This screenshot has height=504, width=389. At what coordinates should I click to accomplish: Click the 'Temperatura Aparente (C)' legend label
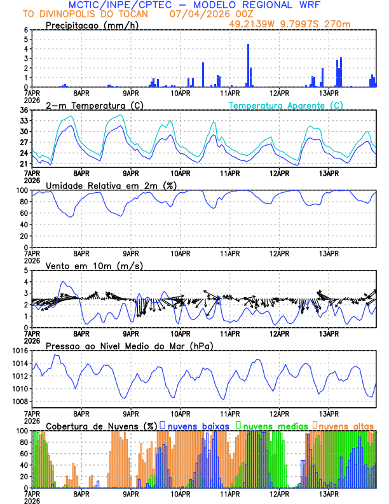tap(285, 105)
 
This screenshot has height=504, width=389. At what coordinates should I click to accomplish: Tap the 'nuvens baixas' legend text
tap(196, 425)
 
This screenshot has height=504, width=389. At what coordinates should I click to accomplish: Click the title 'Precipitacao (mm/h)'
tap(92, 25)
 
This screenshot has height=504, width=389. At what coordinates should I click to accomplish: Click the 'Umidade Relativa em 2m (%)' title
tap(111, 185)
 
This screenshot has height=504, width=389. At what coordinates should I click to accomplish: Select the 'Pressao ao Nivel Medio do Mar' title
tap(129, 346)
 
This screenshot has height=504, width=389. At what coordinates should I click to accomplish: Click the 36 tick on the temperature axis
tap(24, 110)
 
